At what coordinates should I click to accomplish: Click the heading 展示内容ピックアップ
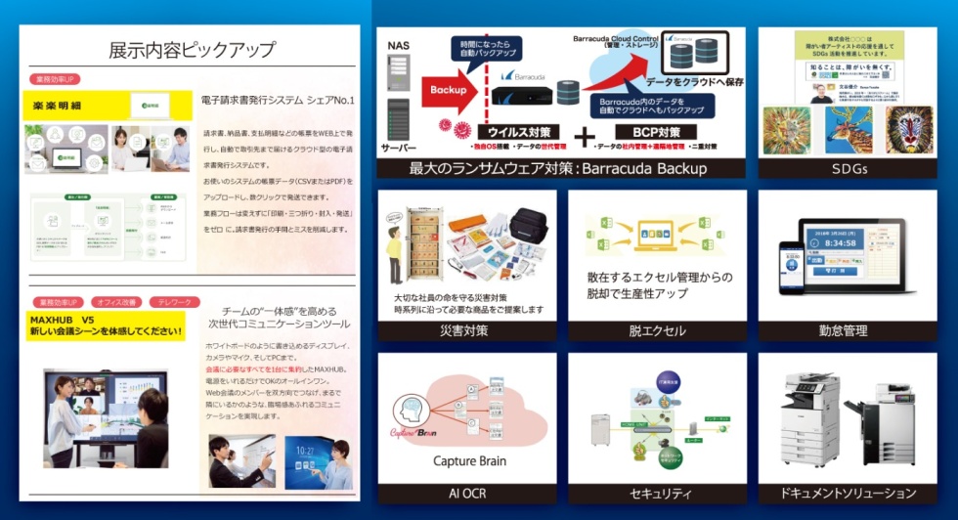pyautogui.click(x=192, y=50)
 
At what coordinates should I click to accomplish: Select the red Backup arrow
pyautogui.click(x=442, y=89)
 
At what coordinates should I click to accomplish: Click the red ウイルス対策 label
pyautogui.click(x=518, y=131)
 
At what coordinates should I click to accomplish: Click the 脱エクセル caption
pyautogui.click(x=656, y=330)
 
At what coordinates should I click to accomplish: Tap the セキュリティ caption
pyautogui.click(x=656, y=494)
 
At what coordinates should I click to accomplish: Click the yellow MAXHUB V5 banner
pyautogui.click(x=104, y=326)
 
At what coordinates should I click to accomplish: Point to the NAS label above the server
pyautogui.click(x=398, y=45)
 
